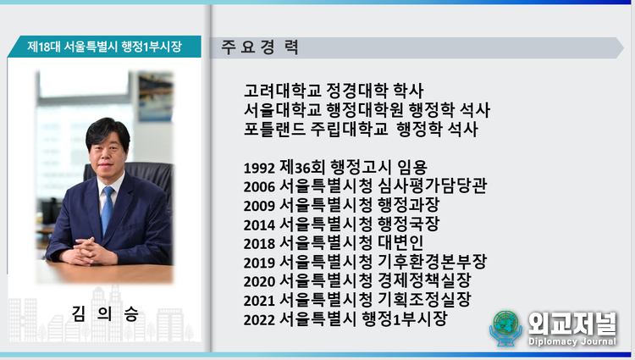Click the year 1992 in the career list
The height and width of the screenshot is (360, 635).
(x=259, y=168)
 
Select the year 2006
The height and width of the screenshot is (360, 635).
(x=259, y=186)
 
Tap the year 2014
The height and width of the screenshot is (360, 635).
(x=259, y=224)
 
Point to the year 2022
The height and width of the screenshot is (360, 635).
(x=259, y=320)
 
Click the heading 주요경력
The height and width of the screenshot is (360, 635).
(x=260, y=47)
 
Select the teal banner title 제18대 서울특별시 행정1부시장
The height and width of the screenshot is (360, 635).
(x=104, y=47)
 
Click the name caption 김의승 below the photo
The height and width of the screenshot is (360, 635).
(x=105, y=314)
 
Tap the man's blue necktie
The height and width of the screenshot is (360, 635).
(x=108, y=209)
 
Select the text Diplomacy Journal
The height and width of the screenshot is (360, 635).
(x=571, y=341)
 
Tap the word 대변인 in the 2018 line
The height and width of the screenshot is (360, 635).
(x=400, y=242)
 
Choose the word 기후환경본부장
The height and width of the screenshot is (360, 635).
(x=432, y=262)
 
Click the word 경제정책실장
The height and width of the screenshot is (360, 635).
(x=424, y=280)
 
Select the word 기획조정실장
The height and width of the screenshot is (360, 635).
(x=424, y=300)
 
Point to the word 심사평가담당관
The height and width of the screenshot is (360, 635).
(x=432, y=186)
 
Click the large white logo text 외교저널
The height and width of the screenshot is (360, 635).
(x=571, y=323)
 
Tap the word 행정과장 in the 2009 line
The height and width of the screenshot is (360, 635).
(x=409, y=205)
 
